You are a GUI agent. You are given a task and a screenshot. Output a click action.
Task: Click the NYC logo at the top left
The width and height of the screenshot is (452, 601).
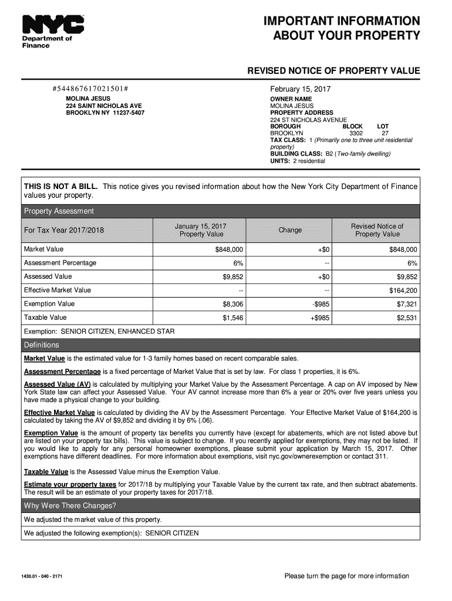point(53,25)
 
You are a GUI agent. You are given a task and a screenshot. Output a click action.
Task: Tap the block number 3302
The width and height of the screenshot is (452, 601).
point(356,133)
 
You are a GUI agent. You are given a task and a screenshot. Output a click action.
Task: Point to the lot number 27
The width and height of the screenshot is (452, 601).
point(385,133)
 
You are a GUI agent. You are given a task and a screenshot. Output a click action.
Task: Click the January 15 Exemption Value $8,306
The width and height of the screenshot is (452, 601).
point(233,304)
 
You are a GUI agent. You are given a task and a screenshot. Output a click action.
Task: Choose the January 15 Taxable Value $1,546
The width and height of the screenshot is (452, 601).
point(233,318)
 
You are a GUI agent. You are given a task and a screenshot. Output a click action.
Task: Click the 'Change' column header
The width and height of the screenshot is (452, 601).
point(290,230)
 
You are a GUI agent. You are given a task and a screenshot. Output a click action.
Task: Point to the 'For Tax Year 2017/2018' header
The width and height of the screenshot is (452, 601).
point(63,230)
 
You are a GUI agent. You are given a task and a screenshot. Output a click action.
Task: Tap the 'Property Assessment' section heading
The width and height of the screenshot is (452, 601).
point(58,211)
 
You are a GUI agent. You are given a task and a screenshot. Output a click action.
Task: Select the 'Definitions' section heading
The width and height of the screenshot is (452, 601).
point(41,345)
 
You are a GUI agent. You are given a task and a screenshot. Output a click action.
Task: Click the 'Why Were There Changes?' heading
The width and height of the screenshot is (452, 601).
point(70,506)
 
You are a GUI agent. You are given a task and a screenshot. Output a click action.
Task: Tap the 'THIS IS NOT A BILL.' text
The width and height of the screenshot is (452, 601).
point(60,187)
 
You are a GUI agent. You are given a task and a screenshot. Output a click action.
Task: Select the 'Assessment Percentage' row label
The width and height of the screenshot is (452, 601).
point(60,263)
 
